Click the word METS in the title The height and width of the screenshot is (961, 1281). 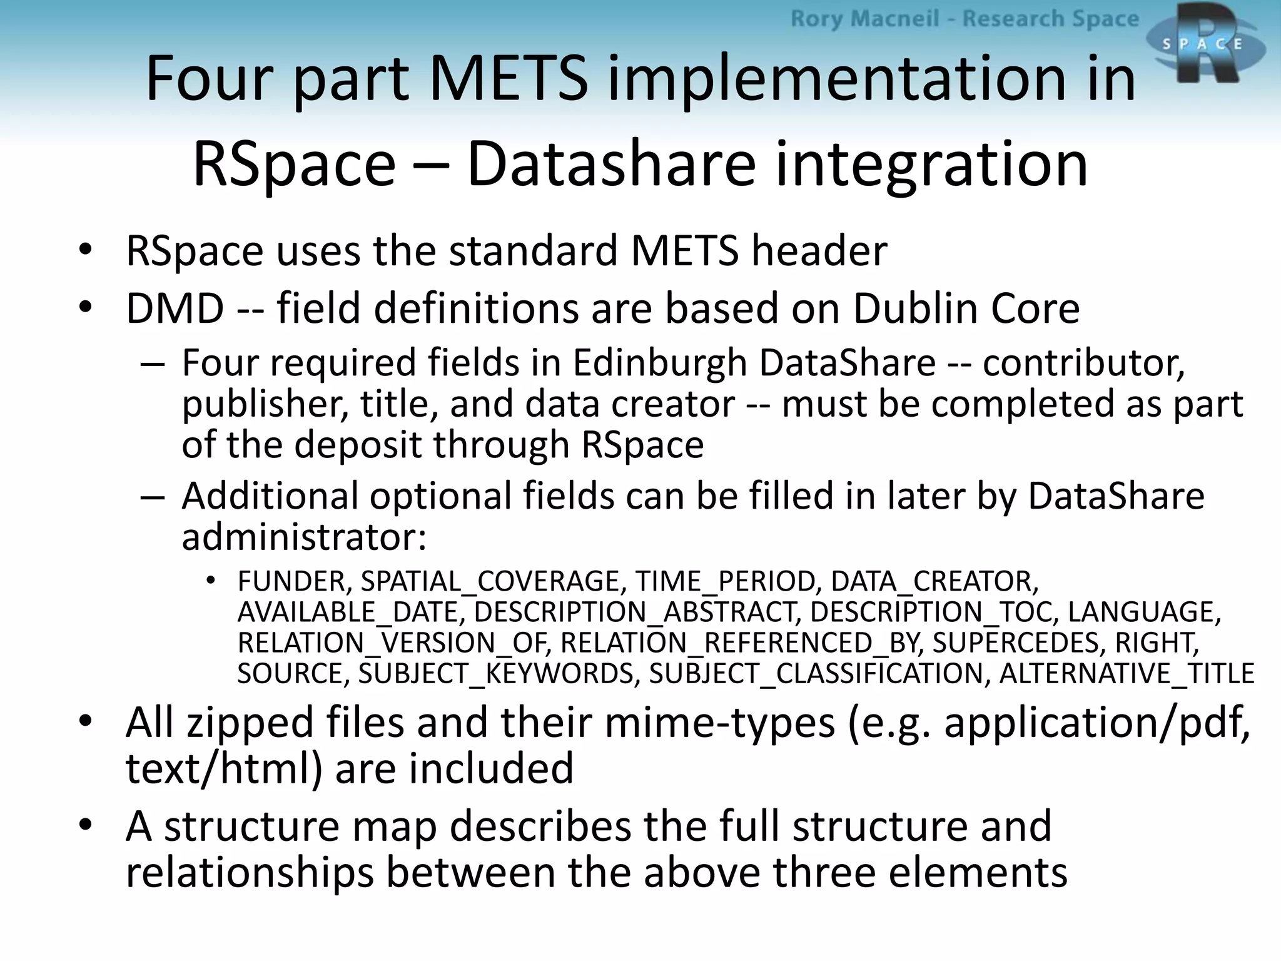[508, 79]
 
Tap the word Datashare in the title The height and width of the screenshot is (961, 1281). [611, 164]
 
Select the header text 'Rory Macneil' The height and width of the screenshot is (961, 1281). [864, 19]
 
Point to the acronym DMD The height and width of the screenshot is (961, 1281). [175, 309]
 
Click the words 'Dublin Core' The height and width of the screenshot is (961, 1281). [966, 309]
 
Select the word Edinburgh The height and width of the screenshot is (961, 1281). [659, 363]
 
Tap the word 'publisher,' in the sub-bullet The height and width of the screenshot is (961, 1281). [265, 404]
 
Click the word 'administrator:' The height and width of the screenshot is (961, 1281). [304, 537]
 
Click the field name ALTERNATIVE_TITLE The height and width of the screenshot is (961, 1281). [1127, 674]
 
